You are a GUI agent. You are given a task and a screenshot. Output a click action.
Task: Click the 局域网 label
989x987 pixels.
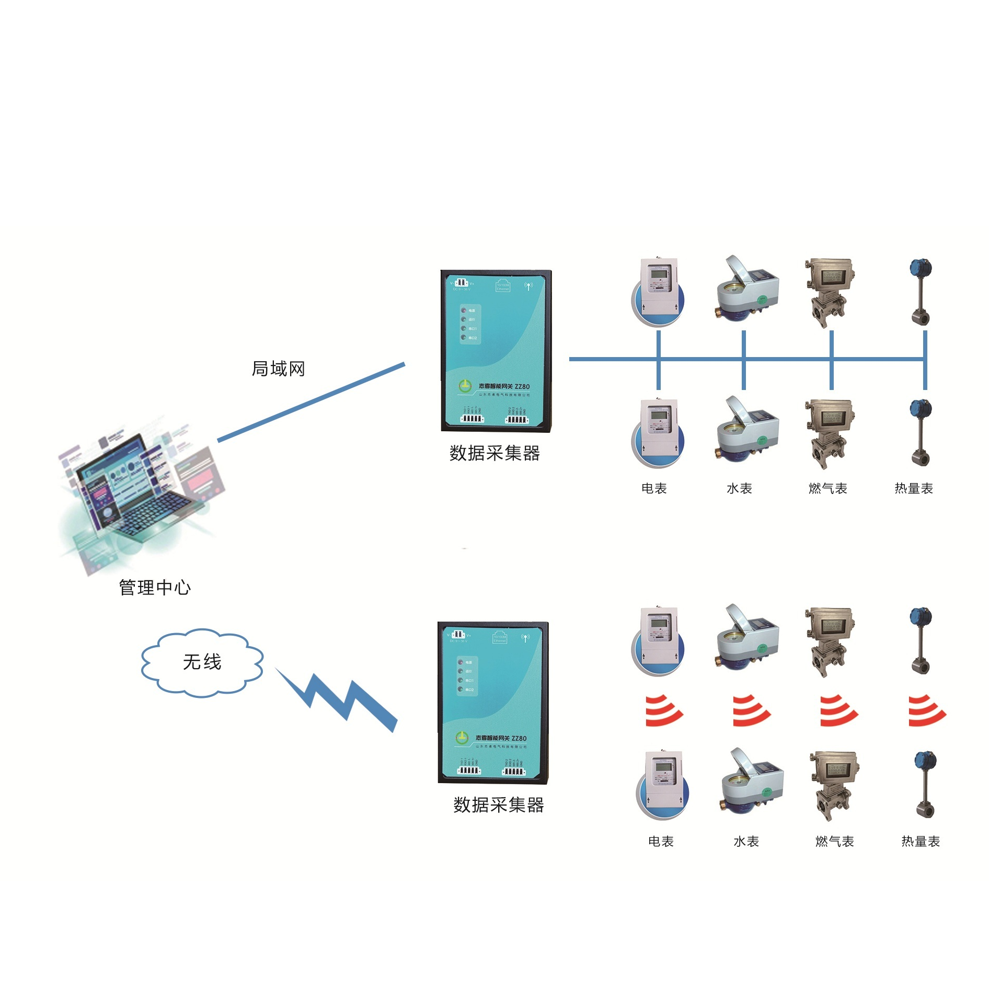coord(278,369)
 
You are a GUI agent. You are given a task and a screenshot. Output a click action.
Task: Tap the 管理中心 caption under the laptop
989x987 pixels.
coord(155,588)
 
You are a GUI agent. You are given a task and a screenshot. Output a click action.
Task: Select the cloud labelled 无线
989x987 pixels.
coord(202,662)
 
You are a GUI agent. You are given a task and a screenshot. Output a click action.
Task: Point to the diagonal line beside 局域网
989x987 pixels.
coord(311,402)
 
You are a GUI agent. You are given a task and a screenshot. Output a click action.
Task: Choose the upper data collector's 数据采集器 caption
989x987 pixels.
coord(494,453)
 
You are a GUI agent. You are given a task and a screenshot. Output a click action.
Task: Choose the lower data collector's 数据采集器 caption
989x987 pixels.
coord(499,805)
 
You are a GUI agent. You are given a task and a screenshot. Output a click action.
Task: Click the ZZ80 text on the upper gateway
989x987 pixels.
coord(522,387)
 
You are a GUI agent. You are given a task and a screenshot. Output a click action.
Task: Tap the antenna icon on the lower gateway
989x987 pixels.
coord(525,638)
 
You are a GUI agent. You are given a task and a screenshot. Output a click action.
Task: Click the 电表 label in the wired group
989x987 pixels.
coord(654,489)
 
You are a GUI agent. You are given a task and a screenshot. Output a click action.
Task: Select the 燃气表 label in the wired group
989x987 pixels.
coord(827,489)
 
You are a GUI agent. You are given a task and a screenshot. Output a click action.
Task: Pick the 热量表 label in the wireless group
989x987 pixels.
coord(921,842)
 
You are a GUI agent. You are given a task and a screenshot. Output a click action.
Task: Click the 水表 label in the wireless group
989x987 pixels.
coord(746,842)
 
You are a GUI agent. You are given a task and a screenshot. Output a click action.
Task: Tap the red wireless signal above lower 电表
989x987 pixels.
coord(663,711)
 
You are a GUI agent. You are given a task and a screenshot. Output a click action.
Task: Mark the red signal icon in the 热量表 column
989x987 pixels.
coord(926,711)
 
